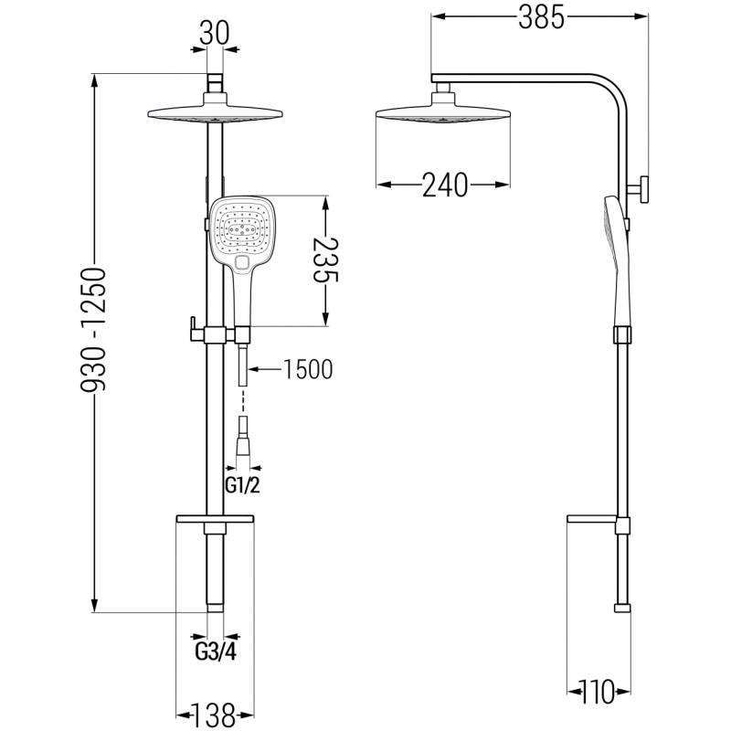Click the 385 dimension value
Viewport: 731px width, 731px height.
click(x=539, y=17)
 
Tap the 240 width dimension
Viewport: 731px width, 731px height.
click(x=445, y=185)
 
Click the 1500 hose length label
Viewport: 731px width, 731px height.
click(x=307, y=369)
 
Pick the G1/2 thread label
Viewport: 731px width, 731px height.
click(x=242, y=485)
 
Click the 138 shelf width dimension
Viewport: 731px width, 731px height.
click(x=215, y=712)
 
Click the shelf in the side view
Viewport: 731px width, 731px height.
click(x=599, y=521)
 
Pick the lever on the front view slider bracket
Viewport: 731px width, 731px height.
click(x=195, y=327)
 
